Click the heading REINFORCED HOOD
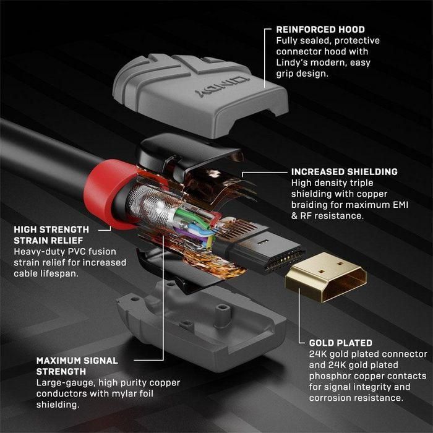(320, 29)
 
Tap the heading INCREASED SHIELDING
(344, 171)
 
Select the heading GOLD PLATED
(340, 342)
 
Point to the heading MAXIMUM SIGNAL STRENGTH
(77, 366)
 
